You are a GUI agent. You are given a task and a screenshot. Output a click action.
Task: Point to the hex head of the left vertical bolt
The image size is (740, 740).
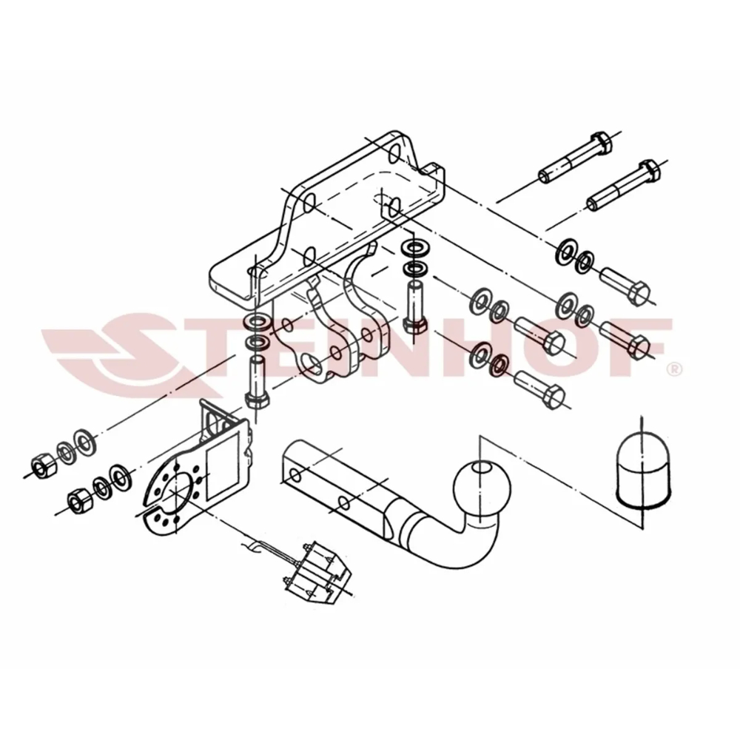point(258,400)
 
